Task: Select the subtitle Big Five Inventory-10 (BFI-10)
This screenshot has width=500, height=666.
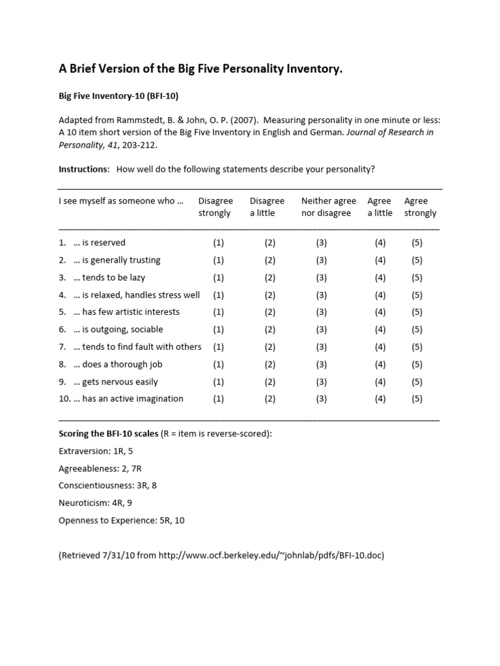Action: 118,96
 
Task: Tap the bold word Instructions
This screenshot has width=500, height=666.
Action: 84,169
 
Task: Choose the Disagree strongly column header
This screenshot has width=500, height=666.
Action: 215,207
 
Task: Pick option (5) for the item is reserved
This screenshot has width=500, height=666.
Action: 417,243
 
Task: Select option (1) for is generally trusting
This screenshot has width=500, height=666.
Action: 218,260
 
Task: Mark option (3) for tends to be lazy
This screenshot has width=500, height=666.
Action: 322,278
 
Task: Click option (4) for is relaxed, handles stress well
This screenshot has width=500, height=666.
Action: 380,295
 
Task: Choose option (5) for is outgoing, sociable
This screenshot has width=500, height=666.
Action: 417,330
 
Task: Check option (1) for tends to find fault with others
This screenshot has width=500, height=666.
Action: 218,347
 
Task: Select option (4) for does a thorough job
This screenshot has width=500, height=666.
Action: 380,364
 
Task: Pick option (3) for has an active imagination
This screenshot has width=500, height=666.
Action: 322,399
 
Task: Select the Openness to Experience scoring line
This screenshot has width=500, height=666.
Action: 121,520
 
